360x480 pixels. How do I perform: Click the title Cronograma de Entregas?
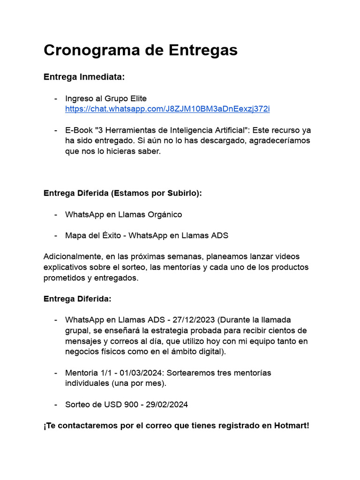[x=141, y=50]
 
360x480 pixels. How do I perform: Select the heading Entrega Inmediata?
[x=84, y=77]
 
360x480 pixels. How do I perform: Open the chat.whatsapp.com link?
[x=167, y=109]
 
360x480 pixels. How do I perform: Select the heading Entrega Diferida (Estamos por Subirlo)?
[x=123, y=193]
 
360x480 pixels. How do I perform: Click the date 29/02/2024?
[x=166, y=404]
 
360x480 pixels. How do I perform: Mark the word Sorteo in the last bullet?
[x=77, y=404]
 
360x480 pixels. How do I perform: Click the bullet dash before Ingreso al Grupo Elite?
[x=56, y=98]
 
